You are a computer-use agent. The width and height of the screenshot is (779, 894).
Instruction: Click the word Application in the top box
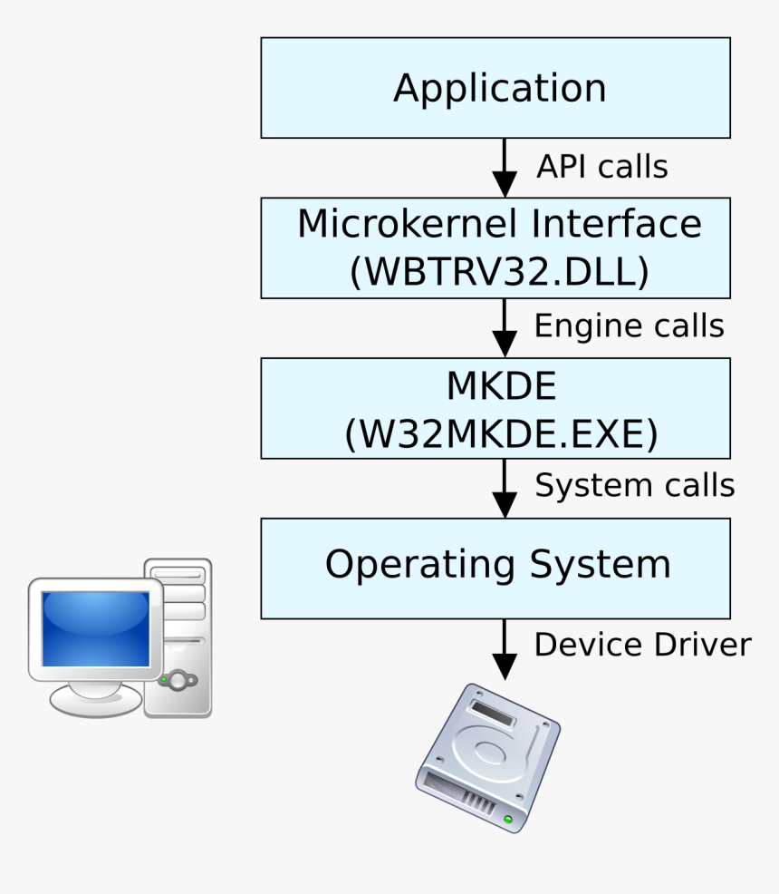(x=499, y=89)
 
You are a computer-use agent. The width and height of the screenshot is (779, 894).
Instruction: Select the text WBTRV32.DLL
(x=499, y=273)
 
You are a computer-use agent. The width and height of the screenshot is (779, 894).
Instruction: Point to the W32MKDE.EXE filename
(x=500, y=434)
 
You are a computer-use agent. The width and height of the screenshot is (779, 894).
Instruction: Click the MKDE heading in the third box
(x=500, y=387)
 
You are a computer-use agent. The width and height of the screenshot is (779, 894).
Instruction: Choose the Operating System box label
(x=497, y=565)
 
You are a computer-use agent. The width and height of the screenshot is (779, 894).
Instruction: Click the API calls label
(x=601, y=167)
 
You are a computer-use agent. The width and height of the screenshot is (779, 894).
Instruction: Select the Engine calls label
(x=629, y=326)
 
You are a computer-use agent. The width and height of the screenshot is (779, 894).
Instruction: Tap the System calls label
(x=634, y=486)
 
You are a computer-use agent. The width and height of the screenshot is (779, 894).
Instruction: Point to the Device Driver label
(x=642, y=645)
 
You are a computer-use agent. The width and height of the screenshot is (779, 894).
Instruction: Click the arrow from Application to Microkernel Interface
(x=504, y=167)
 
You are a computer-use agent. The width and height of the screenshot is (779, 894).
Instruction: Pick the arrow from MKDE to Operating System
(x=504, y=487)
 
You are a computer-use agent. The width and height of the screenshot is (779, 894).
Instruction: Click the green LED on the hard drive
(x=508, y=820)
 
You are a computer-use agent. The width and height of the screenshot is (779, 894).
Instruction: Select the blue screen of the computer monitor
(x=95, y=628)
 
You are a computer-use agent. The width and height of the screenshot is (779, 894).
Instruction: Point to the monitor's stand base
(x=94, y=701)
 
